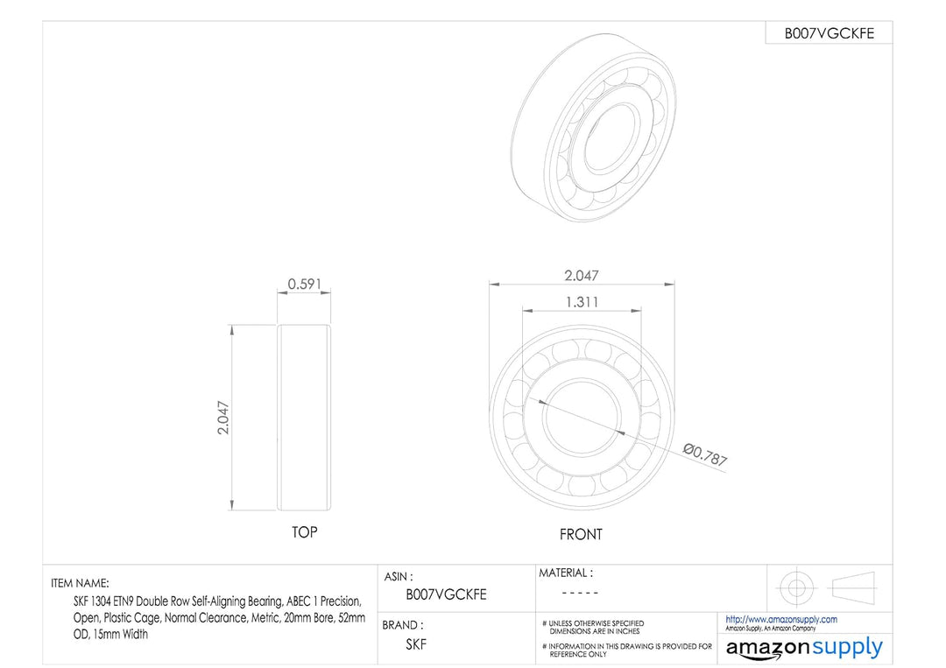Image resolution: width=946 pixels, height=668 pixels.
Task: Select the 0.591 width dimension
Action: [304, 285]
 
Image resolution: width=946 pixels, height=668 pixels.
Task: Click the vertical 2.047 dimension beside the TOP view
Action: [223, 418]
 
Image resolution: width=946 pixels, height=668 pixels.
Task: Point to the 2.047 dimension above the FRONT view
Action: [582, 275]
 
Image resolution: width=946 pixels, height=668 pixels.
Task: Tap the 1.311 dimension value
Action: [581, 302]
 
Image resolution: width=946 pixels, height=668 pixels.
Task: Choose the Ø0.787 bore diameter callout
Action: [705, 454]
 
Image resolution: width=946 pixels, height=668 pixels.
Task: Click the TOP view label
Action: [304, 532]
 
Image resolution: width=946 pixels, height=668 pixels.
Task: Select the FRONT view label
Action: [581, 534]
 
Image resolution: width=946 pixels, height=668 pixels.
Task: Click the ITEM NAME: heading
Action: [80, 583]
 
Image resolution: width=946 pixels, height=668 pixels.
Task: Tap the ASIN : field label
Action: [399, 578]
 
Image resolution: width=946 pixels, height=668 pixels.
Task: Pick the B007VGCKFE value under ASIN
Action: [446, 594]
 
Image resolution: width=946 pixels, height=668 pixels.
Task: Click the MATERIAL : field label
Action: [565, 573]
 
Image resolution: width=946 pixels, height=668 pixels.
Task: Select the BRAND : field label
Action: [403, 626]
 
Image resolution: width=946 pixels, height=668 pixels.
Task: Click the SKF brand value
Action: [416, 644]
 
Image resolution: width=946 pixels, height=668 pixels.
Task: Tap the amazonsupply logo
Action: [804, 649]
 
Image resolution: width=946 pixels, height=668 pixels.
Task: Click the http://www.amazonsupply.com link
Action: [780, 619]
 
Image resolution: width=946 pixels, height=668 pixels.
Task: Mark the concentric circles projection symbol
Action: [794, 587]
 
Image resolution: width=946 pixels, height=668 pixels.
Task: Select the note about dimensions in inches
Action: [596, 627]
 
